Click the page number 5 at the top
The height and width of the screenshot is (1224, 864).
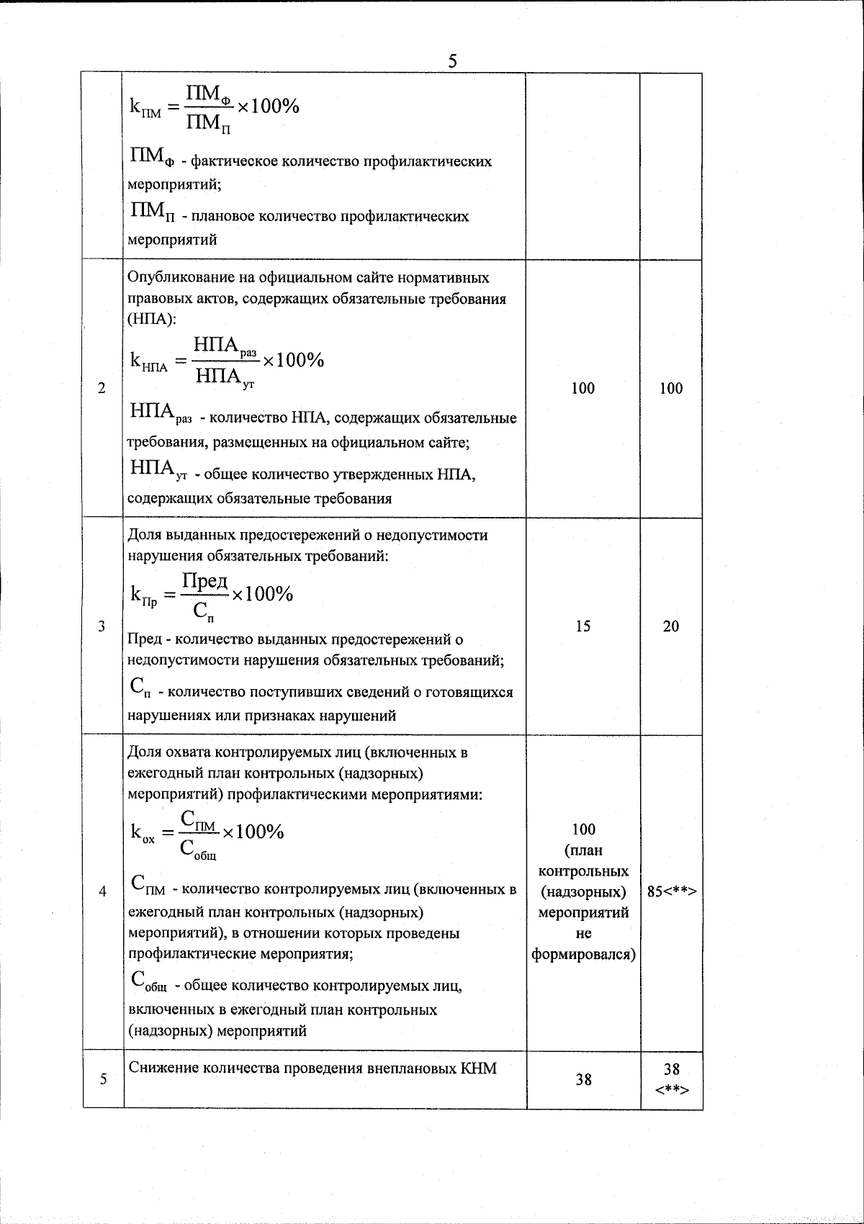coord(452,60)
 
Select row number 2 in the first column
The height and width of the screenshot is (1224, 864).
coord(102,389)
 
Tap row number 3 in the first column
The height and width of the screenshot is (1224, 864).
coord(102,626)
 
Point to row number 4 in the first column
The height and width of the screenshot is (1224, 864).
coord(102,892)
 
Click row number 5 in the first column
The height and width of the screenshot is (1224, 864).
coord(102,1079)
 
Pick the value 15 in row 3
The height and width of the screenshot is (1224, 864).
coord(583,626)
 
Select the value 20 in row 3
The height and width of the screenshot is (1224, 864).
coord(671,626)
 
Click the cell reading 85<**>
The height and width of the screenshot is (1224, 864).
coord(671,892)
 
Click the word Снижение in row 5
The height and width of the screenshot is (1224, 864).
coord(161,1068)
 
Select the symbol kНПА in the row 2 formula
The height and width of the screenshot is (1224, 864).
coord(148,361)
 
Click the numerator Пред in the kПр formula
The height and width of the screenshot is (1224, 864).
coord(204,580)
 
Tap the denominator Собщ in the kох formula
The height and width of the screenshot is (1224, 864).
coord(197,849)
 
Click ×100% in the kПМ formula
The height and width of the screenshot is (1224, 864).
coord(267,107)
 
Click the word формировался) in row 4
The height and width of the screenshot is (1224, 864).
coord(583,955)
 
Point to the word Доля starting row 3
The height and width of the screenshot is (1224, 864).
coord(145,535)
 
